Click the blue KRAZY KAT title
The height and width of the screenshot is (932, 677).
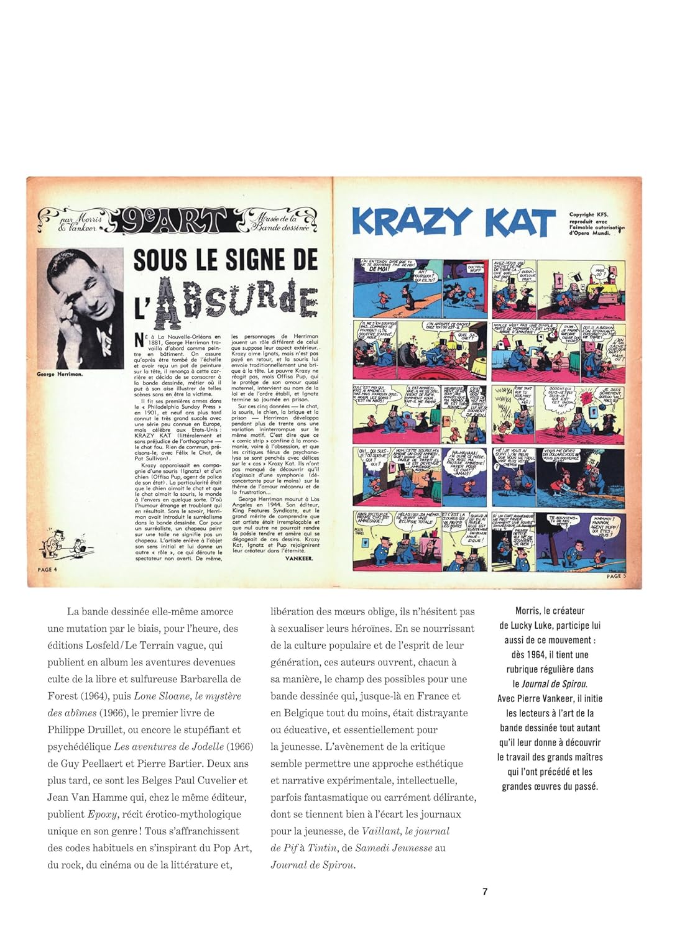tap(453, 222)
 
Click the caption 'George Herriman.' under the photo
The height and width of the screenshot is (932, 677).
tap(60, 374)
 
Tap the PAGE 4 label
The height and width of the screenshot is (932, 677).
tap(47, 569)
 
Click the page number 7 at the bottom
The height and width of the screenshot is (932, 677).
tap(485, 891)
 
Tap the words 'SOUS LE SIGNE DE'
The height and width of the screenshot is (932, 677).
tap(225, 259)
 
